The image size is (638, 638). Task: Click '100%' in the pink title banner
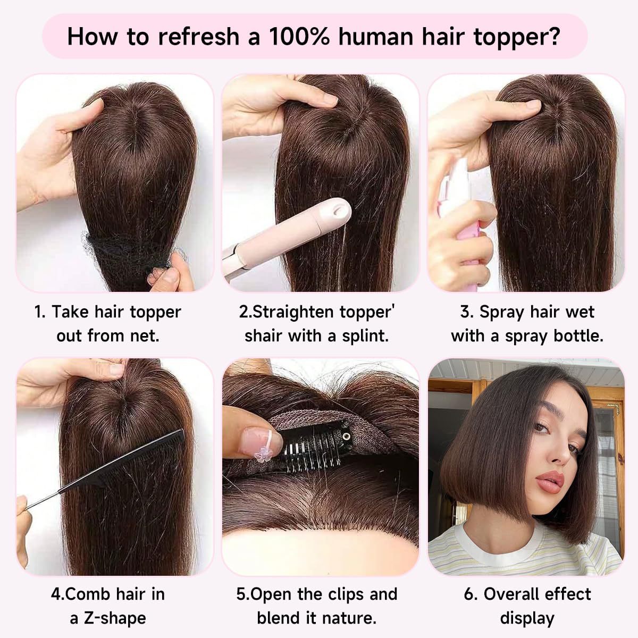coord(299,37)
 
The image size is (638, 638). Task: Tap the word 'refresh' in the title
coord(198,36)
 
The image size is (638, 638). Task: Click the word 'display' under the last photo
coord(527,618)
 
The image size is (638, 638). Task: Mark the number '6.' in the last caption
coord(470,594)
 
